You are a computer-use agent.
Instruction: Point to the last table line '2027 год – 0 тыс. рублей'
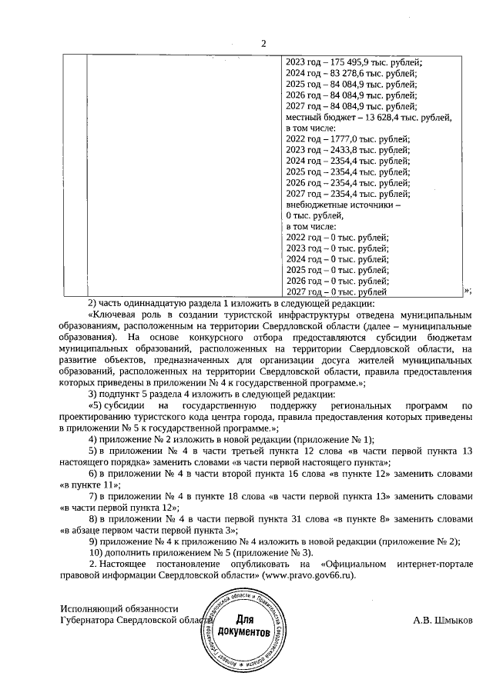[337, 291]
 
